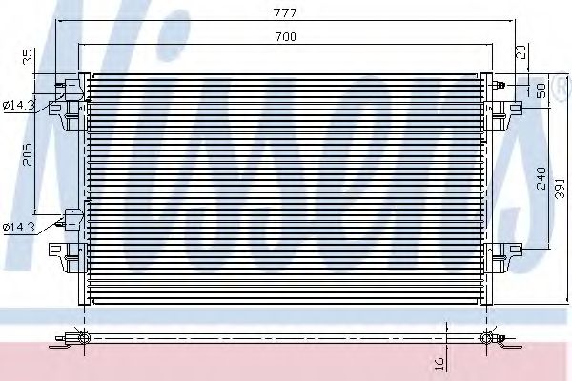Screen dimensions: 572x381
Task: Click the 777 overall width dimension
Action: (x=286, y=13)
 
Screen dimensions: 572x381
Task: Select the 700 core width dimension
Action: (x=286, y=37)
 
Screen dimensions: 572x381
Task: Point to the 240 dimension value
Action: (x=541, y=178)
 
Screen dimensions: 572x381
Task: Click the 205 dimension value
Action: (x=28, y=154)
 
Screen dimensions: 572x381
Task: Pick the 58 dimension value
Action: (x=541, y=90)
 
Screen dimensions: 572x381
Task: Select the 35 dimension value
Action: (x=28, y=57)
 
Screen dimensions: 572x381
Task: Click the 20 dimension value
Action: (x=521, y=52)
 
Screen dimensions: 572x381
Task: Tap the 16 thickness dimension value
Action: (x=439, y=363)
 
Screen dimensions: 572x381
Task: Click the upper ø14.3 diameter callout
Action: (x=18, y=106)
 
